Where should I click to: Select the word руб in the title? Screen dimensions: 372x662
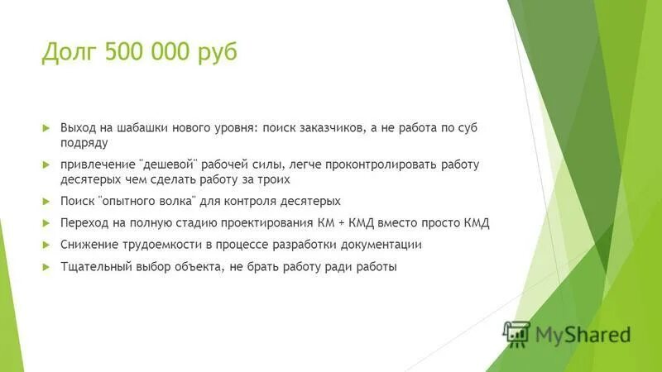click(217, 54)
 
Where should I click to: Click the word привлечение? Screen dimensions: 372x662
click(94, 165)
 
